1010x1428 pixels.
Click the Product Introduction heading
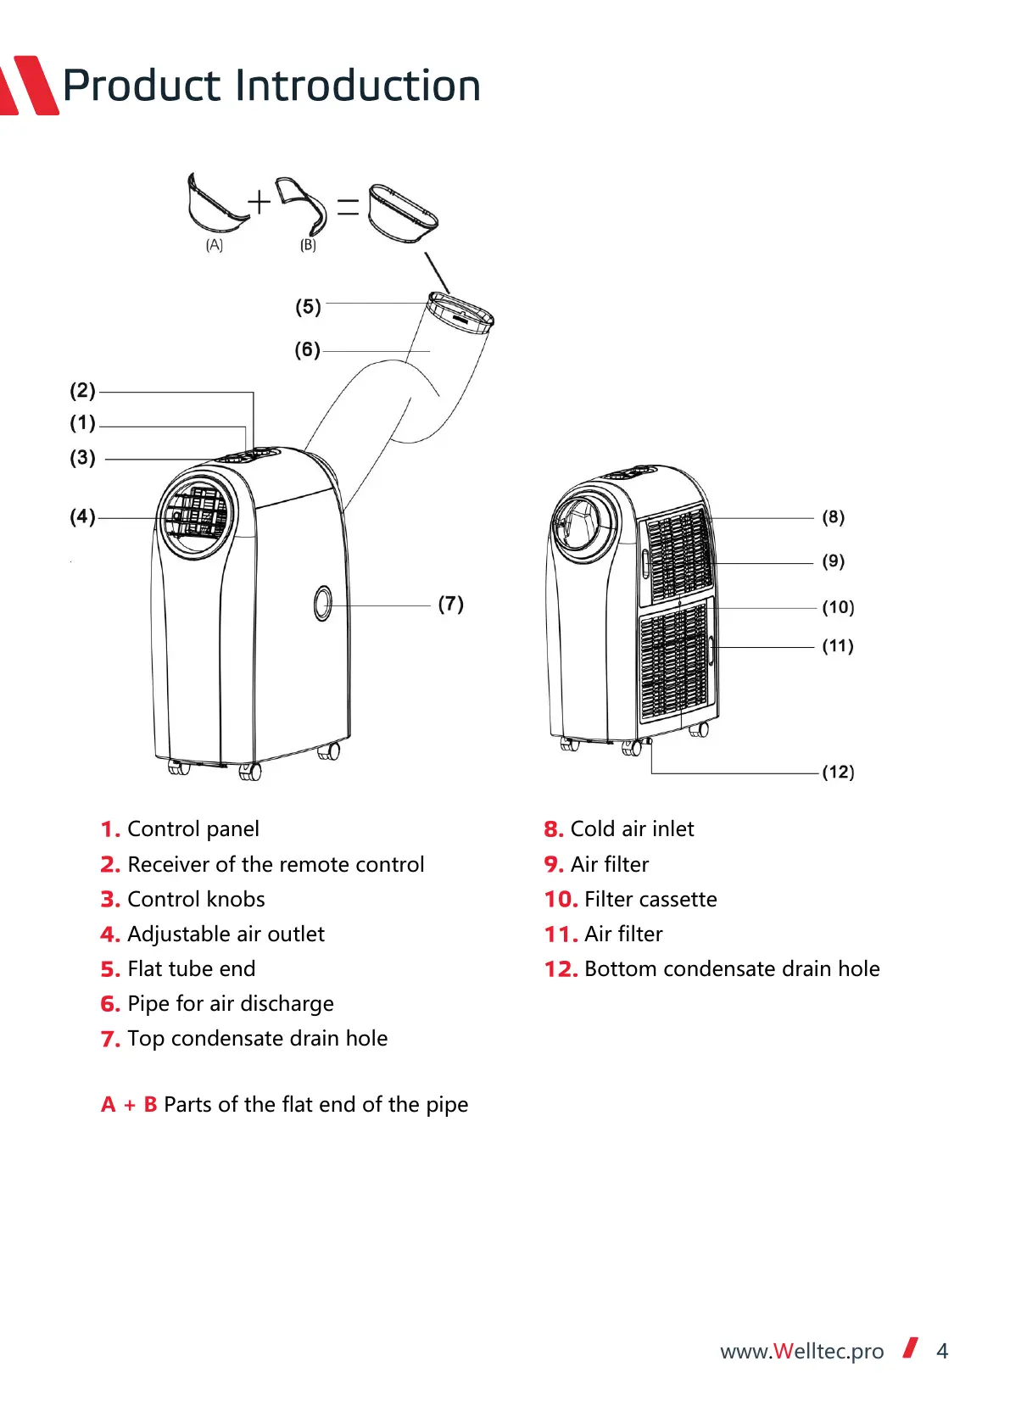pos(271,86)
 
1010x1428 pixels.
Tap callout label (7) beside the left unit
pos(450,604)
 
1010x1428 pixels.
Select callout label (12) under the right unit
pos(838,772)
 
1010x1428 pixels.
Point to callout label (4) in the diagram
pos(82,516)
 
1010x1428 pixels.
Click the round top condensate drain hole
pos(323,603)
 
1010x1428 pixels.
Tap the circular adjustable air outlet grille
pos(196,516)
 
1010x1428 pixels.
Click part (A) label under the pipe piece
pos(214,245)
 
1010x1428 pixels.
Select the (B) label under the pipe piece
pos(308,245)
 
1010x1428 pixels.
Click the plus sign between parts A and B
pos(259,202)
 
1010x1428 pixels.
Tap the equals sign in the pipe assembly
pos(348,206)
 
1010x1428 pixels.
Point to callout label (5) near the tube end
pos(308,306)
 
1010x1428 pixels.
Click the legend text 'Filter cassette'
pos(650,899)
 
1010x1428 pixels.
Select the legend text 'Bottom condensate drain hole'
pos(732,968)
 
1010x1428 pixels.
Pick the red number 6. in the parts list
pos(110,1004)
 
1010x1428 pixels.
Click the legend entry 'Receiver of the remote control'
pos(276,864)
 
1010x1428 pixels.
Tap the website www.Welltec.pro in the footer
pos(801,1351)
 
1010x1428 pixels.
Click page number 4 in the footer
pos(941,1351)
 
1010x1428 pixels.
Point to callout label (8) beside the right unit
pos(833,516)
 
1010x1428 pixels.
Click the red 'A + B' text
pos(129,1104)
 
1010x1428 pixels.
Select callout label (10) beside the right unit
pos(838,607)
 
